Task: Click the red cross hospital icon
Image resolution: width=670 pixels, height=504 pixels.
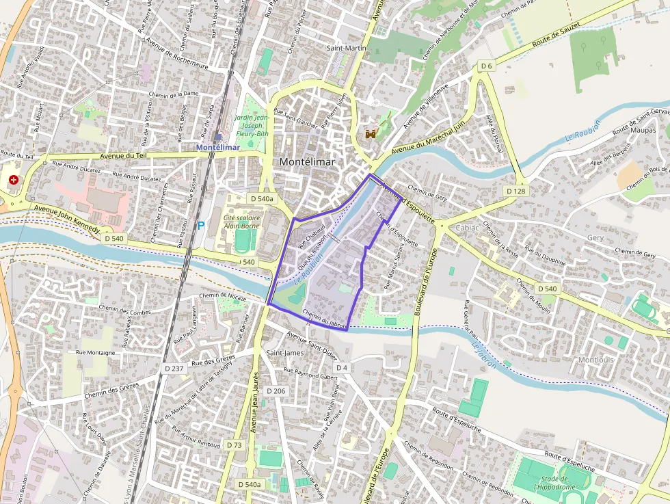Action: pos(13,180)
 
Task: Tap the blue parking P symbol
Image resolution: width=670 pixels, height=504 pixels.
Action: pos(200,224)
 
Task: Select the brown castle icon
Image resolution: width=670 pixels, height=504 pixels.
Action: pos(371,134)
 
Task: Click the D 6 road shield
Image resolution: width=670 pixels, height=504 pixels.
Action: pos(485,66)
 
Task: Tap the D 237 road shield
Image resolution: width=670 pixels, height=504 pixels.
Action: pos(174,368)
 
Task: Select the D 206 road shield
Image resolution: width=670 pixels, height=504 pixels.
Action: pos(276,390)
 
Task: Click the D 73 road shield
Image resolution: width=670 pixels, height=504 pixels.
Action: pos(233,445)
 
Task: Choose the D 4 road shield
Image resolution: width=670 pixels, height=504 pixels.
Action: pos(342,368)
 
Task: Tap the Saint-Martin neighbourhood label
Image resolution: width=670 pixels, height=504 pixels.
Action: pos(346,48)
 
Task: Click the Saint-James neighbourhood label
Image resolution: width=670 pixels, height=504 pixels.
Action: pos(284,353)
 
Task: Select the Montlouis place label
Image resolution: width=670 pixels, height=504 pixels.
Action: pos(596,360)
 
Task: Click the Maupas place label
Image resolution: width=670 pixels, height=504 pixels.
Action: pos(643,129)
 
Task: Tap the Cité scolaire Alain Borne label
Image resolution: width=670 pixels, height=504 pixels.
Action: pos(242,222)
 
